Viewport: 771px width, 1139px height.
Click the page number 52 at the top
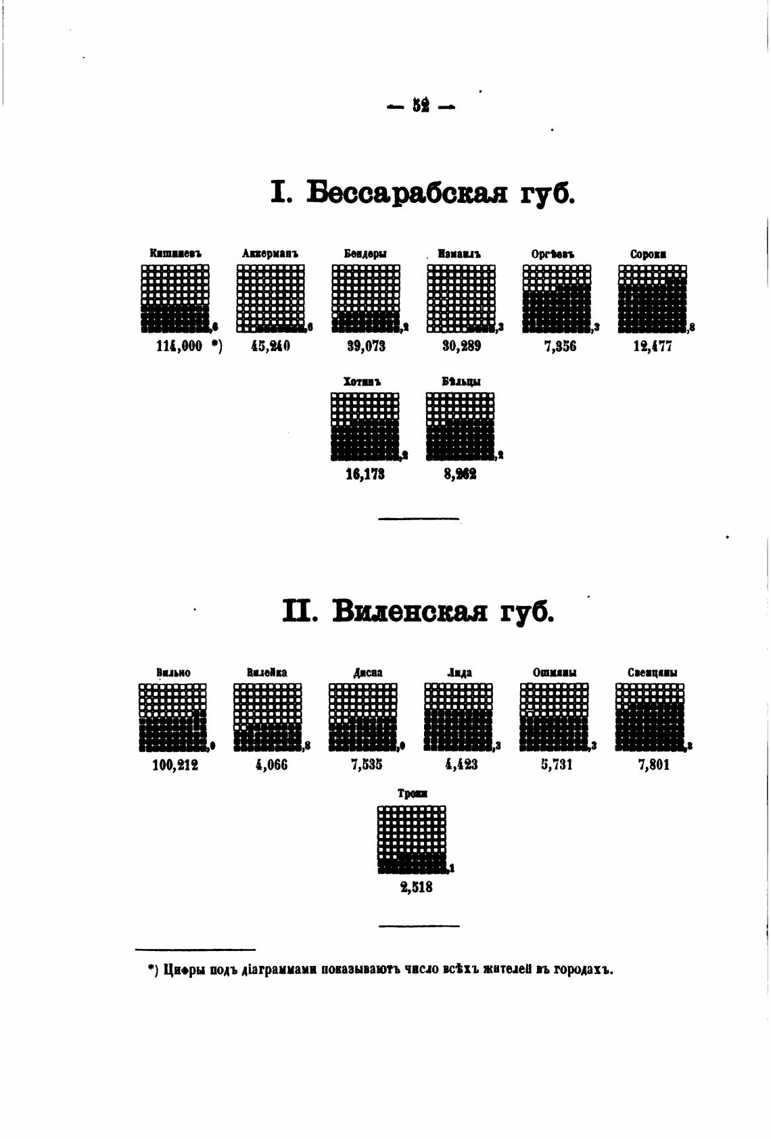pos(421,106)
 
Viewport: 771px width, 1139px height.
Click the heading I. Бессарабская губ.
pos(422,193)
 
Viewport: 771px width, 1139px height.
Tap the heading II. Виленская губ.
pos(417,611)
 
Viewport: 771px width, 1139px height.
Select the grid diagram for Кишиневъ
pos(175,298)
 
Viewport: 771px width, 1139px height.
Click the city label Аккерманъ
pos(270,254)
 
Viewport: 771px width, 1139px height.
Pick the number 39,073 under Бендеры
pos(366,347)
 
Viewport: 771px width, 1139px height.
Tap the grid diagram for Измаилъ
pos(461,298)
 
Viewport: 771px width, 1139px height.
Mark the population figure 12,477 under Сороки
pos(652,347)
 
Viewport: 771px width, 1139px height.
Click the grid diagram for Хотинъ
pos(365,426)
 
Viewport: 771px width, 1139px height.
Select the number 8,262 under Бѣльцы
pos(460,475)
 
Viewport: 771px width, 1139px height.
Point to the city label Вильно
pos(173,673)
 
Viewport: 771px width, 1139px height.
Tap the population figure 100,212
pos(175,766)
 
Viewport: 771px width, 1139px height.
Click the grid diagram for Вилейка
pos(268,717)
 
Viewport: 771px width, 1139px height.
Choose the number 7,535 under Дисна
pos(366,766)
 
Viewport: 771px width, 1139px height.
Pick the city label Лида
pos(460,673)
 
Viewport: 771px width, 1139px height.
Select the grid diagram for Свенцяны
pos(650,717)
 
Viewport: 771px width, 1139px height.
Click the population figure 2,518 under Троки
pos(416,887)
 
